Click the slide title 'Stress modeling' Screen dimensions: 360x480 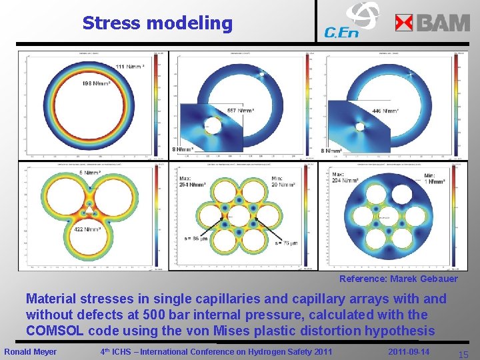point(157,23)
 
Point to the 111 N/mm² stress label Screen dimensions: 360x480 point(129,67)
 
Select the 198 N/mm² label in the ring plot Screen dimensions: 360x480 point(96,83)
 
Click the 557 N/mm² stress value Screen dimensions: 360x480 point(240,111)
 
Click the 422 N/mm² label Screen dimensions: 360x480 point(87,229)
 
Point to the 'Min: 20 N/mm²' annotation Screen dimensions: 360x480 point(283,181)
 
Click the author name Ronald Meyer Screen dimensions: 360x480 point(31,351)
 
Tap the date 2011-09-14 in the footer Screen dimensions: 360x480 point(408,351)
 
